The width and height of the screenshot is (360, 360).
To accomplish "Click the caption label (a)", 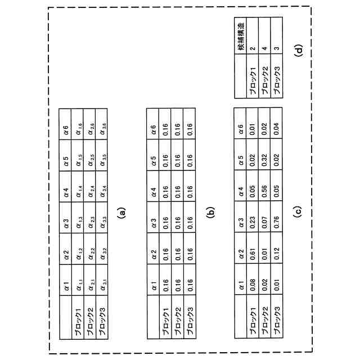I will (x=121, y=213).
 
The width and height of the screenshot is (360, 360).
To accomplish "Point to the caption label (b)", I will (x=211, y=213).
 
